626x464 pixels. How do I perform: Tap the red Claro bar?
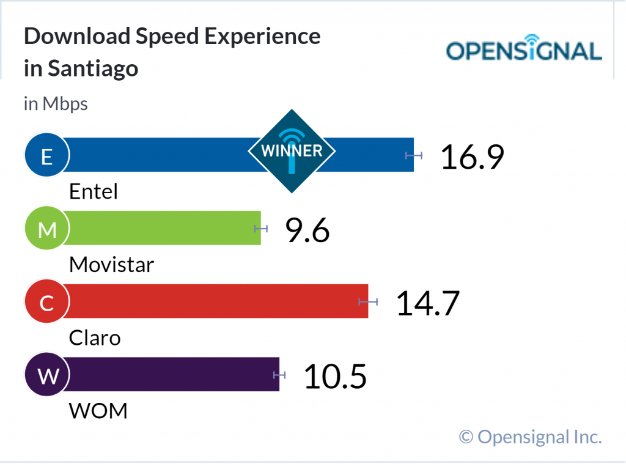(214, 301)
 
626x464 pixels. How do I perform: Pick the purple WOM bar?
(171, 374)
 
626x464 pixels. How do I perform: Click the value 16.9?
(472, 157)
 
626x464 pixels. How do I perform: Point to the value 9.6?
(307, 230)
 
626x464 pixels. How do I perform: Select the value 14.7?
(428, 303)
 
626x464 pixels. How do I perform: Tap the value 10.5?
(335, 377)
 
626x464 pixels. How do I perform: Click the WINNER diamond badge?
(292, 151)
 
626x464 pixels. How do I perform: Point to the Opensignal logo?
(524, 51)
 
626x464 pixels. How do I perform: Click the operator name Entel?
(93, 192)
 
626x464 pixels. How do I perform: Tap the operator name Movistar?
(111, 265)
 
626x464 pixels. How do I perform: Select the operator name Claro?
(95, 337)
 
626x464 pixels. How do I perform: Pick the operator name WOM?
(98, 411)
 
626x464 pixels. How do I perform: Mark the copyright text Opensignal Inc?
(531, 436)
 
